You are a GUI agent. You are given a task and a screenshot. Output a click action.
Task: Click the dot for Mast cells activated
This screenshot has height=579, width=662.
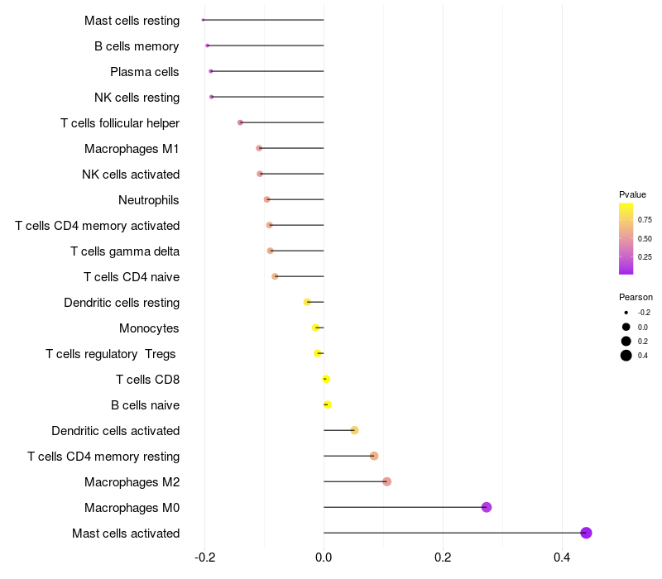click(586, 533)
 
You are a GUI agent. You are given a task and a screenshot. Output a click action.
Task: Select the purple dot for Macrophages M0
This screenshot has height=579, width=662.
click(487, 507)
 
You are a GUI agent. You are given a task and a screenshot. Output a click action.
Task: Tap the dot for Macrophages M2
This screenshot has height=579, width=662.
click(386, 481)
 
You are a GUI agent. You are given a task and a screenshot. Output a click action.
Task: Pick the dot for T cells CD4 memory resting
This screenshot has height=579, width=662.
click(374, 456)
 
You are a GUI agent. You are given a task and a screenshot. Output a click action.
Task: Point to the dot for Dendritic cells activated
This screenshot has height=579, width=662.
click(354, 430)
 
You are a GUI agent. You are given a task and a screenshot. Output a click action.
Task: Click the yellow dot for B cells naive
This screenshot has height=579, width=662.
click(328, 404)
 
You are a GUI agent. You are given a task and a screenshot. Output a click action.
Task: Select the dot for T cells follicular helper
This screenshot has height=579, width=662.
click(240, 122)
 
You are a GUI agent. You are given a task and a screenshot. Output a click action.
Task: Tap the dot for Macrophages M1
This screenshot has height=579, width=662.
click(259, 148)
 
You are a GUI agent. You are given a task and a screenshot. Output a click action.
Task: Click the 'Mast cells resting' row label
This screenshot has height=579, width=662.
click(132, 20)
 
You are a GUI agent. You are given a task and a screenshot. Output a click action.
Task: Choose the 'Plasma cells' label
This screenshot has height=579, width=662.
click(145, 71)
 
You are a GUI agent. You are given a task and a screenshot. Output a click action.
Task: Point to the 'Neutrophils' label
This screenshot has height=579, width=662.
click(149, 199)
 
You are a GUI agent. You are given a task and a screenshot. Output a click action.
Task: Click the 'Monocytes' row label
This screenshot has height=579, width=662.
click(149, 328)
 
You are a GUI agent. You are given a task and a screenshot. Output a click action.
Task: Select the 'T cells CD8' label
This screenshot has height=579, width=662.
click(147, 379)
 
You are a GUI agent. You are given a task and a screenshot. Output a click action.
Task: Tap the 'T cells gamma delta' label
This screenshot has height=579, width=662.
click(125, 251)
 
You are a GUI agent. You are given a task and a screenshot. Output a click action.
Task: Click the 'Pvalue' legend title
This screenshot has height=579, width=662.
click(632, 194)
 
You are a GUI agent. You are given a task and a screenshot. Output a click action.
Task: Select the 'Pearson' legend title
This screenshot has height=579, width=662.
click(636, 297)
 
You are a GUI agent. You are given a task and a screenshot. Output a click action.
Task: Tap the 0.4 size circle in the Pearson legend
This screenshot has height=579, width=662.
click(626, 356)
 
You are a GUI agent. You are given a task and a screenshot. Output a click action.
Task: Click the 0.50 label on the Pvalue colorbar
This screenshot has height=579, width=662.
click(644, 238)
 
